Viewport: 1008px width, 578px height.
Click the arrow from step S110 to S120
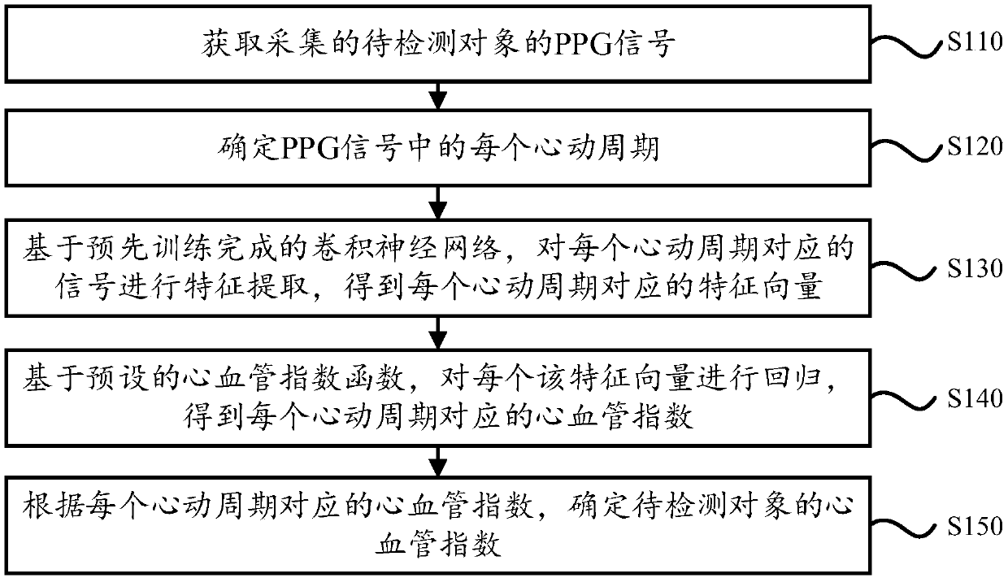click(x=438, y=95)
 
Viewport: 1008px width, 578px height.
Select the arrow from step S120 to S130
click(x=438, y=200)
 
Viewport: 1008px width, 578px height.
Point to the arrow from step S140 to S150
click(x=438, y=463)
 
